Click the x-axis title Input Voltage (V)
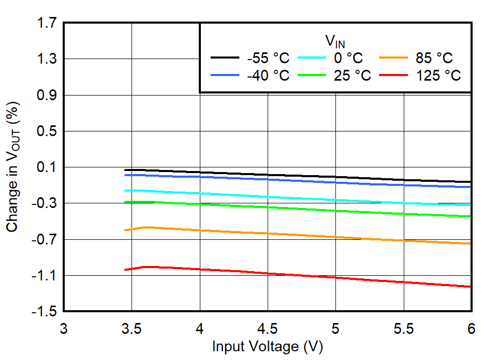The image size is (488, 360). [x=267, y=347]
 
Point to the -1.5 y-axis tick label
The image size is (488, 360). [x=45, y=312]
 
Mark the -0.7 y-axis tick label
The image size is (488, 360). [x=45, y=239]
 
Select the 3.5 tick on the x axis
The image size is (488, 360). [x=132, y=328]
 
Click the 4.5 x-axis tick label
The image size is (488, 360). [x=268, y=328]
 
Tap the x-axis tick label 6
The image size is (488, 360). [x=471, y=328]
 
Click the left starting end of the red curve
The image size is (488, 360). [x=125, y=270]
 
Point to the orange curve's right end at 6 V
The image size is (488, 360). [x=470, y=243]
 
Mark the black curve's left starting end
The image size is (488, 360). [x=125, y=170]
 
